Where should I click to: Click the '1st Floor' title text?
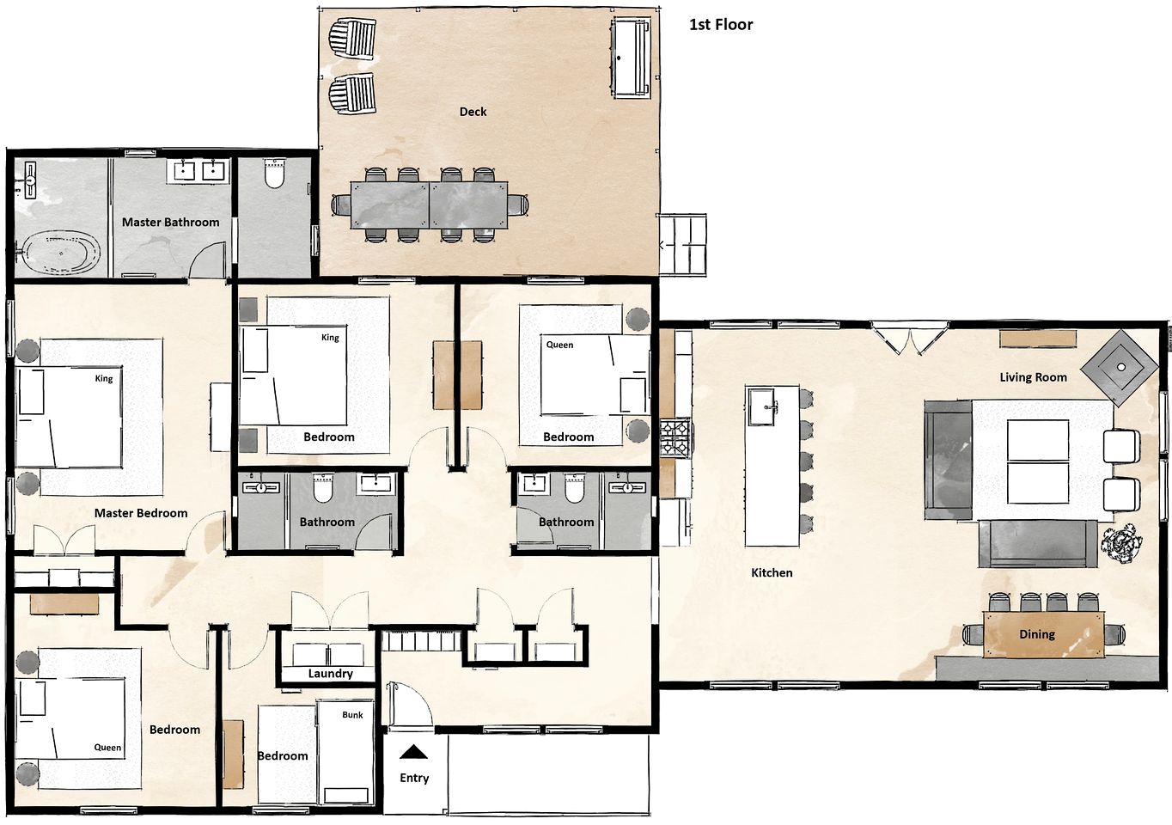tap(720, 25)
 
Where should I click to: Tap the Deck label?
tap(473, 112)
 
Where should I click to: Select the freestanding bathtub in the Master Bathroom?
tap(60, 253)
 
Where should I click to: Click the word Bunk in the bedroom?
tap(352, 715)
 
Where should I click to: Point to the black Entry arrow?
tap(413, 752)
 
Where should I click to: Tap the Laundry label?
tap(330, 673)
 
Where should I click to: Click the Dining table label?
tap(1036, 634)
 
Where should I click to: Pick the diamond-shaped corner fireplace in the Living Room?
tap(1120, 368)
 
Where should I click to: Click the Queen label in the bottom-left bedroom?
tap(107, 748)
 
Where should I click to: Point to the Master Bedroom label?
tap(141, 513)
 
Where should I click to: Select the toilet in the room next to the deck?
tap(274, 173)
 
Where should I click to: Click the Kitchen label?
tap(772, 573)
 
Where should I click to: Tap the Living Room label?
tap(1033, 377)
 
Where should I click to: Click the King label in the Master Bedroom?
tap(104, 378)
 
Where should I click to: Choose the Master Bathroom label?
tap(171, 223)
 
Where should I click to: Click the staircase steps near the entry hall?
tap(422, 640)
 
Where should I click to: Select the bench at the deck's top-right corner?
tap(631, 58)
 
